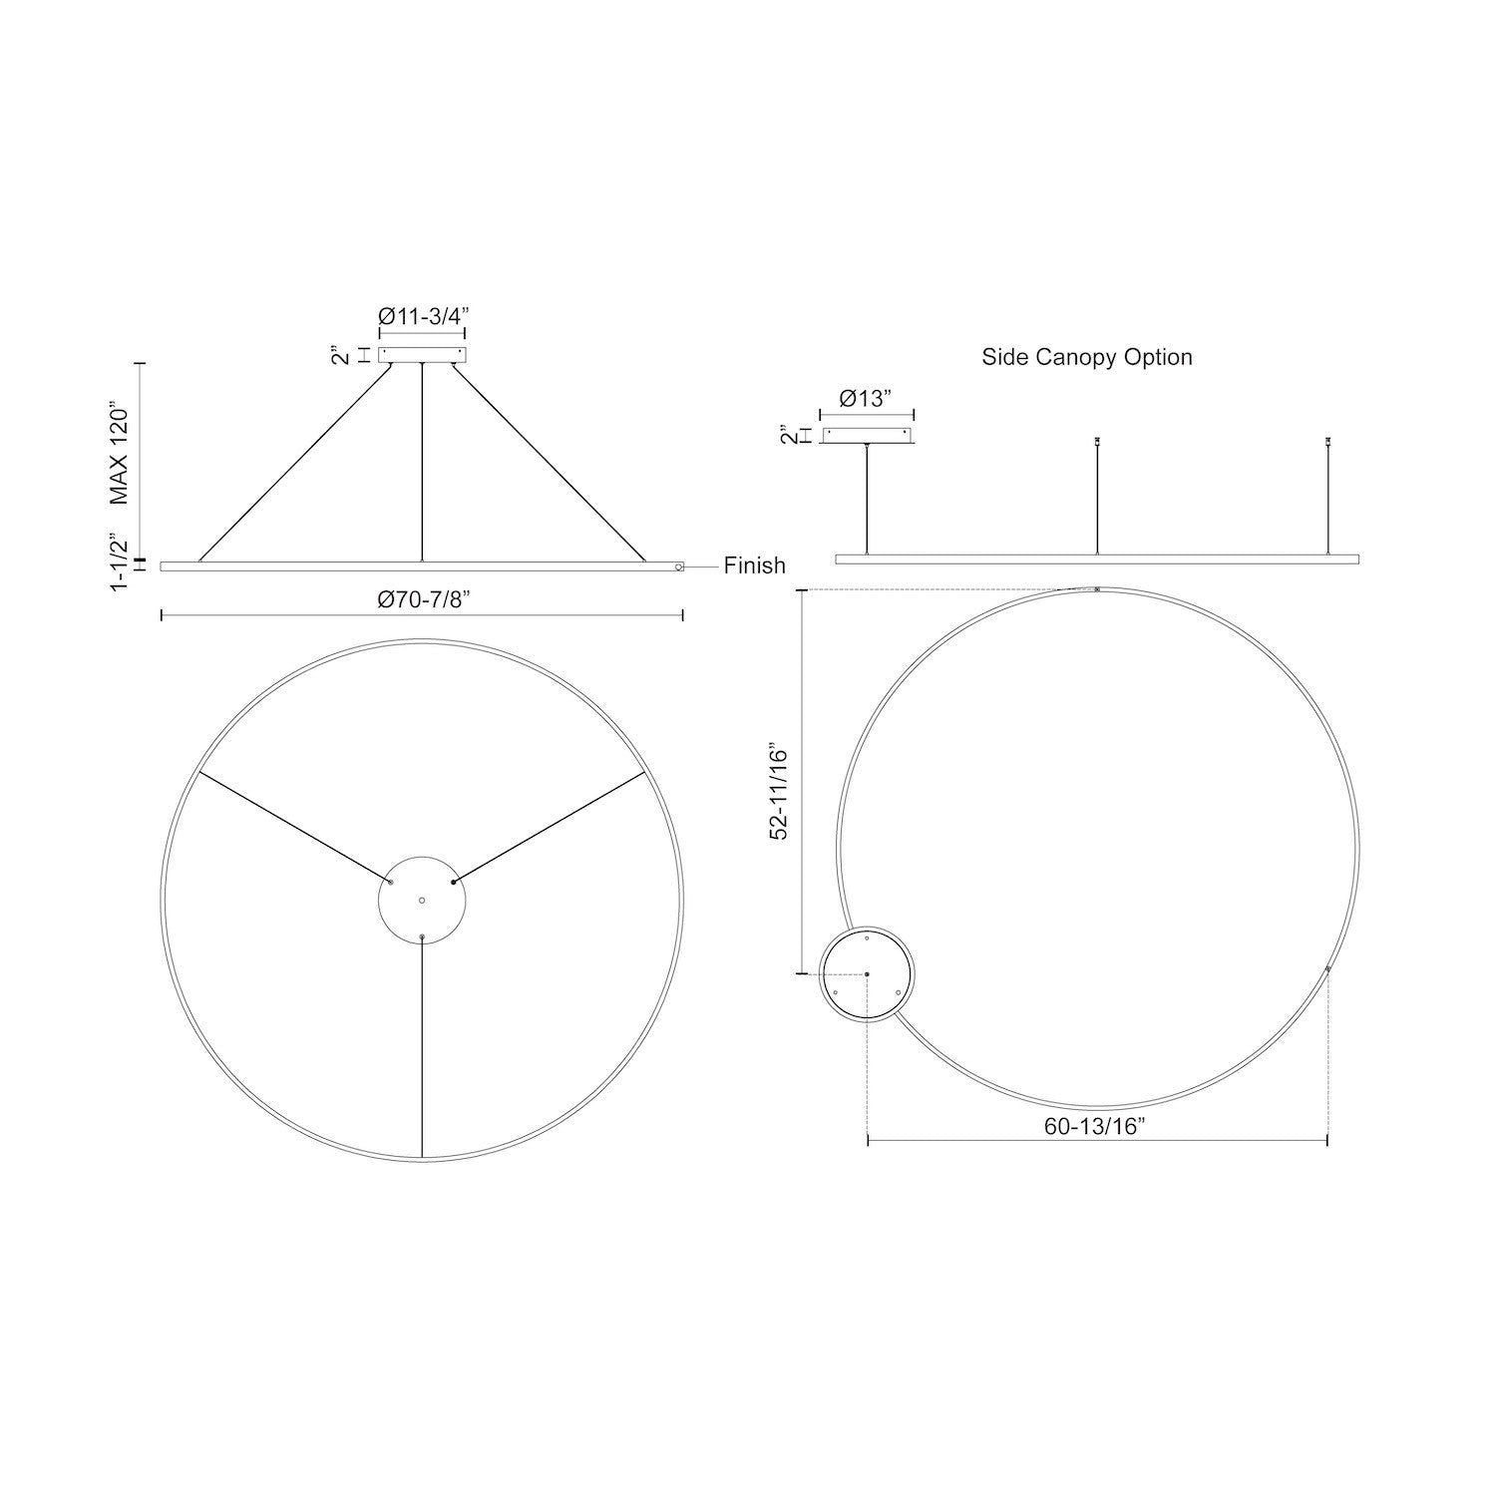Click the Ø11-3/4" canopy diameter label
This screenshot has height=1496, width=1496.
423,316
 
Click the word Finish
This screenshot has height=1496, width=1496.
755,565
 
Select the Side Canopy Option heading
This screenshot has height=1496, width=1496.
1087,357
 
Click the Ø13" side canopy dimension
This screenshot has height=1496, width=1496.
865,399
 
